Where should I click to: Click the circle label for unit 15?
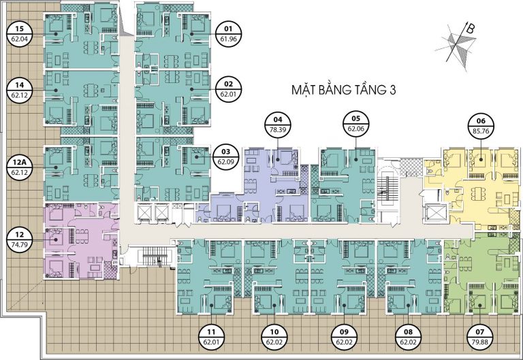19,34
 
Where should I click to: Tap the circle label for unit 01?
229,33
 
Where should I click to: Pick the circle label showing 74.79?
19,240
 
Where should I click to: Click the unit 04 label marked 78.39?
278,125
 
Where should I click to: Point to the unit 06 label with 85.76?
481,126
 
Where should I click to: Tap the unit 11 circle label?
211,337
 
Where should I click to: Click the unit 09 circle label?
344,337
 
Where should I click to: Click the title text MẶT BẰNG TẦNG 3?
343,90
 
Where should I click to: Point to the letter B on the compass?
470,29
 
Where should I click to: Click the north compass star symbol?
457,45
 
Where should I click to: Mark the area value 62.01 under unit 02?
229,94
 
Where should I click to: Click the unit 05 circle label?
355,123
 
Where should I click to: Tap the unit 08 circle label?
409,337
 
